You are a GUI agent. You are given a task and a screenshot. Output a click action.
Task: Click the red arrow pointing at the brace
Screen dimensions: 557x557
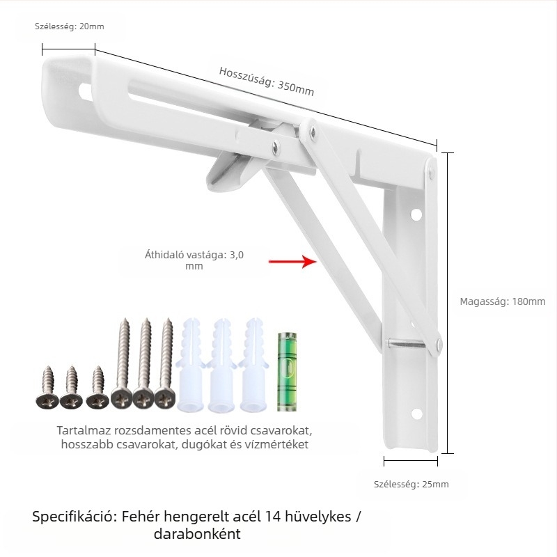[292, 262]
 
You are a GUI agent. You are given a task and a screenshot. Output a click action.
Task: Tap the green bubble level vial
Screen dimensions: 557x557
[286, 372]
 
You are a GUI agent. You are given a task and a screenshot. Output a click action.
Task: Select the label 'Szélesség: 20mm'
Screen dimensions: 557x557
[69, 26]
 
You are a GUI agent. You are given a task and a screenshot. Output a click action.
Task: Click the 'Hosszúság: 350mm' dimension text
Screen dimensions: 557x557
[267, 81]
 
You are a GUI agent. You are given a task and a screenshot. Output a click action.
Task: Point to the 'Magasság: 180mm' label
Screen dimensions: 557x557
[502, 301]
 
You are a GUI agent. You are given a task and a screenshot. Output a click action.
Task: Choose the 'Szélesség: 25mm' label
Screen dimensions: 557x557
[411, 484]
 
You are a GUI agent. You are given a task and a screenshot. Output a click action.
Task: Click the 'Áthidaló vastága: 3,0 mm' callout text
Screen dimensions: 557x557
[194, 260]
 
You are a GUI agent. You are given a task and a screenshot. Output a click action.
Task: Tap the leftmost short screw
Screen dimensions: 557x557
[47, 387]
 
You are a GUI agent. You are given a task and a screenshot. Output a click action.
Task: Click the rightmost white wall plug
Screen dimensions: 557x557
[253, 365]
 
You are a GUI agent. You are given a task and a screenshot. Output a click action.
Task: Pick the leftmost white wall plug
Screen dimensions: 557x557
[191, 365]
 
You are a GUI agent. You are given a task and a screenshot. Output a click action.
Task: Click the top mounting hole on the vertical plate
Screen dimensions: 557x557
[416, 214]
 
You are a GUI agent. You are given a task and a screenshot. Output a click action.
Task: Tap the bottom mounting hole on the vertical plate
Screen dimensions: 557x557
[416, 414]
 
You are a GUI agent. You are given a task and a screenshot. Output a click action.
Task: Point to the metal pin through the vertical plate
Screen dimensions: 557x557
[405, 343]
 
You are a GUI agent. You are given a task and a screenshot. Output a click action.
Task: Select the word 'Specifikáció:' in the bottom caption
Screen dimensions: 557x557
[74, 517]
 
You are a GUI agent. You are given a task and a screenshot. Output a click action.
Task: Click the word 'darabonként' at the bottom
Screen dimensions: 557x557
[197, 534]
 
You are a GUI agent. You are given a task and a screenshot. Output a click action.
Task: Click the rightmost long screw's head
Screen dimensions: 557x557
[164, 399]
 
